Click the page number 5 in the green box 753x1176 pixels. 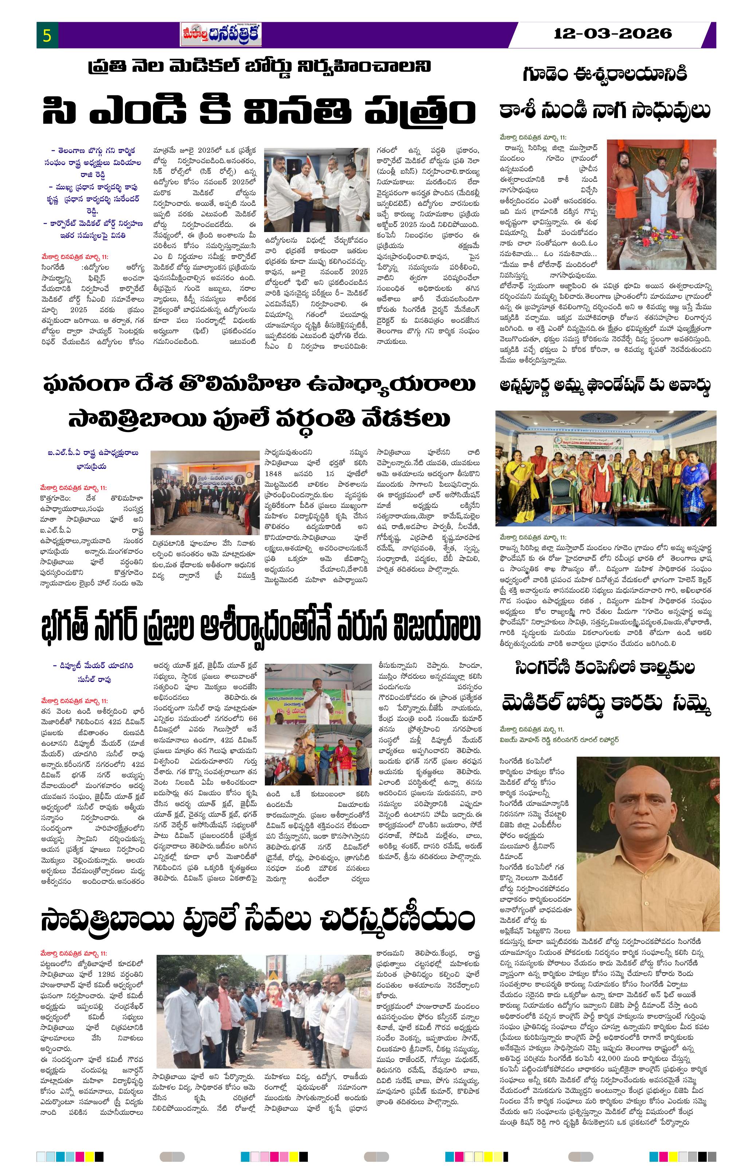pos(47,36)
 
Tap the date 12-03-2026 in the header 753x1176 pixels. pos(613,34)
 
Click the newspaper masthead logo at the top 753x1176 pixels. pos(221,35)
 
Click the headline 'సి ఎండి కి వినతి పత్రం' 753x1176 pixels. pos(259,111)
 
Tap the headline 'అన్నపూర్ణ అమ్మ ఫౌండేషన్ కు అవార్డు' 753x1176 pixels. pos(604,386)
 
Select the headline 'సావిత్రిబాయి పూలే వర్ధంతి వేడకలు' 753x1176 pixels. pos(259,419)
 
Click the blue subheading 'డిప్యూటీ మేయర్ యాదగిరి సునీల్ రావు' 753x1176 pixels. pos(93,673)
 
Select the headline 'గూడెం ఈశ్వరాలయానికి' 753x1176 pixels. pos(605,74)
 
